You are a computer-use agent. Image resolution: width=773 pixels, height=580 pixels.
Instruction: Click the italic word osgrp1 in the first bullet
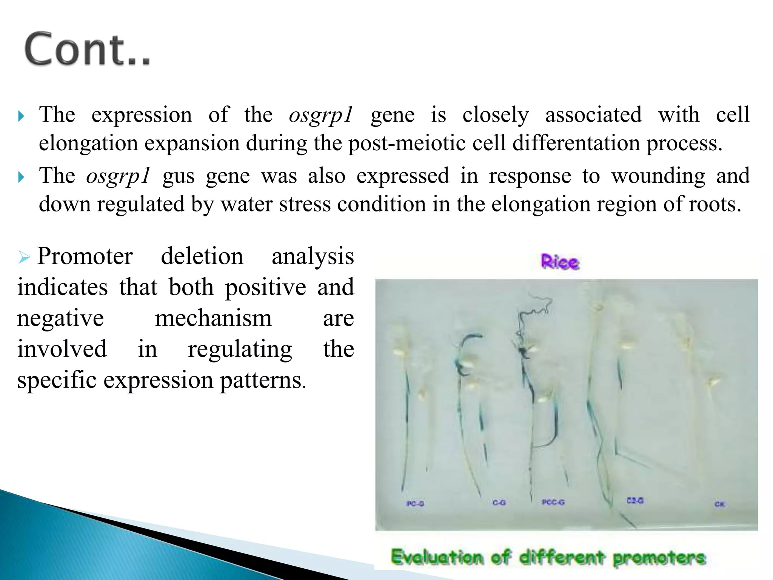pos(321,115)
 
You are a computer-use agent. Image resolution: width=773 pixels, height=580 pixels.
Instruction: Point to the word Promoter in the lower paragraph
pos(85,256)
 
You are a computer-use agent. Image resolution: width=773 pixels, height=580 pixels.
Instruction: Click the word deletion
pos(202,256)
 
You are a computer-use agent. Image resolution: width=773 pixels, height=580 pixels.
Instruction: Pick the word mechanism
pos(213,318)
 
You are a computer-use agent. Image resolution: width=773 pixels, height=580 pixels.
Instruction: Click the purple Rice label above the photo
pos(560,262)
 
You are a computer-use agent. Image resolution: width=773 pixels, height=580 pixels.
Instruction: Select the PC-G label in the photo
pos(415,504)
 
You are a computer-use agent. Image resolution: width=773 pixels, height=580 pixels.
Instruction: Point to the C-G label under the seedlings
pos(499,503)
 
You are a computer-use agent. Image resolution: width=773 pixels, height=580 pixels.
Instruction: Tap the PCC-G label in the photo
pos(553,502)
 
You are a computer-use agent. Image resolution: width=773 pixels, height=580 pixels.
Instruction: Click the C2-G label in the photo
pos(635,501)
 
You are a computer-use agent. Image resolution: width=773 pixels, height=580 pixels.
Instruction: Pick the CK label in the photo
pos(719,504)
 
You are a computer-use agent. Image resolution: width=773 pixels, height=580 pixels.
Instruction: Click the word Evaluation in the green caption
pos(437,557)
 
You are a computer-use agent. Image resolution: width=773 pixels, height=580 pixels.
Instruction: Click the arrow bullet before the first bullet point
pos(22,116)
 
